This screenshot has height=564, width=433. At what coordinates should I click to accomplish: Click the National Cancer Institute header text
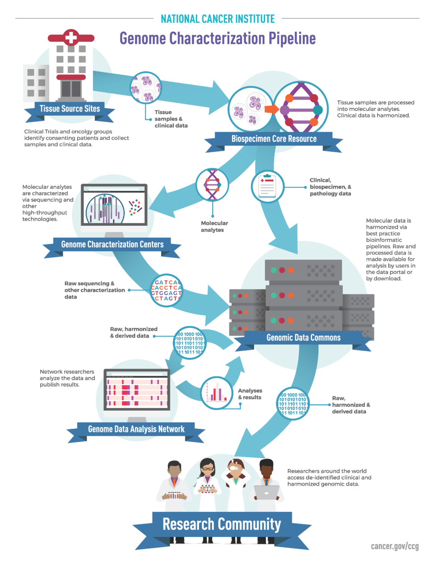(x=217, y=19)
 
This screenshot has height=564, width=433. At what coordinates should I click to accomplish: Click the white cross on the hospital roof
(x=71, y=37)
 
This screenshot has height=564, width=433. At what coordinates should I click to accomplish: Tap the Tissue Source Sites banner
(x=70, y=109)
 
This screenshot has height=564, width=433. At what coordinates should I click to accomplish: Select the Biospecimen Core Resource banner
(x=274, y=139)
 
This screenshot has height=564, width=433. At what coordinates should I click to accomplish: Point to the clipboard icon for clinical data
(x=267, y=186)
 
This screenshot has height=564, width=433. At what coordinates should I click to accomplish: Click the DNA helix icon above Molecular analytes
(x=212, y=184)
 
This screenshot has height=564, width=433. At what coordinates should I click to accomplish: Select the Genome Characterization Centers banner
(x=112, y=245)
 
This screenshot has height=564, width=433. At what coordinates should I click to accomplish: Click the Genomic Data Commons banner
(x=303, y=338)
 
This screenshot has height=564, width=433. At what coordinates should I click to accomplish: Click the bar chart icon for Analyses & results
(x=216, y=392)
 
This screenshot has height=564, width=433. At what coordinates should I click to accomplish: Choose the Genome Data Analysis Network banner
(x=136, y=429)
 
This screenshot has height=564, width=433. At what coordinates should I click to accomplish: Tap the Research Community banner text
(x=221, y=524)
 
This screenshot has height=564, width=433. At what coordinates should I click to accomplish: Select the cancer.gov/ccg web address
(x=395, y=546)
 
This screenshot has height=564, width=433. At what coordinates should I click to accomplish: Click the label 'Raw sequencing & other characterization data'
(x=94, y=290)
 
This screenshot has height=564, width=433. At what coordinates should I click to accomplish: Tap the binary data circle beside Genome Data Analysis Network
(x=190, y=343)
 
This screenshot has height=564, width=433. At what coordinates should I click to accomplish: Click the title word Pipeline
(x=292, y=39)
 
